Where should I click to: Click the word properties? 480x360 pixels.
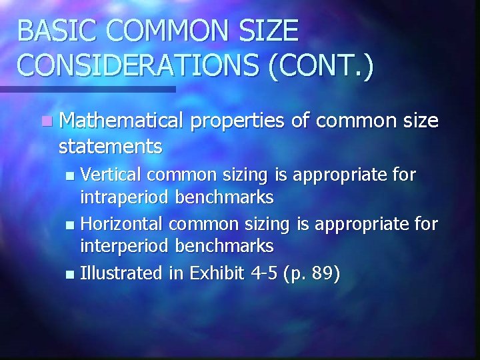237,121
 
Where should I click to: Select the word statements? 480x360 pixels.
110,146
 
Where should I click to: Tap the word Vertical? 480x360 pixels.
111,175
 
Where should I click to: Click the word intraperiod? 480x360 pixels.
125,197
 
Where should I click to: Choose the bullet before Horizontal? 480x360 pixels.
72,225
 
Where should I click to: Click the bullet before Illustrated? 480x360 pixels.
72,274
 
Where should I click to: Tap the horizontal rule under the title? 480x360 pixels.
87,89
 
